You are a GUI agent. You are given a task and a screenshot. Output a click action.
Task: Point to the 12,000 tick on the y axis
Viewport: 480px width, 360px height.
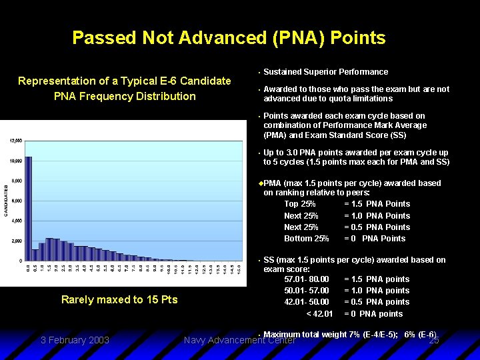click(x=15, y=141)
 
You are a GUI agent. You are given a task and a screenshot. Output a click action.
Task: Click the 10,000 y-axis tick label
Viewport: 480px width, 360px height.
click(x=15, y=161)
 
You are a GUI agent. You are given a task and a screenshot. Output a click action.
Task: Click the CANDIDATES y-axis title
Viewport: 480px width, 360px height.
click(x=7, y=200)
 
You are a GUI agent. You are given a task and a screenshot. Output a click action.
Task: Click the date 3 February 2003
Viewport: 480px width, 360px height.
click(x=75, y=340)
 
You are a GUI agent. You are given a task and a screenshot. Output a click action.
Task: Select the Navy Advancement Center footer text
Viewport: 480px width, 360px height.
click(x=239, y=341)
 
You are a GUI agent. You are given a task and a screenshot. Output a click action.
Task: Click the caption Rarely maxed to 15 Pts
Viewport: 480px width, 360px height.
click(x=119, y=300)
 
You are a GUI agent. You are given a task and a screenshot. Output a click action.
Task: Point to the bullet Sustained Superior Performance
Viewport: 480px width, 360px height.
click(x=325, y=72)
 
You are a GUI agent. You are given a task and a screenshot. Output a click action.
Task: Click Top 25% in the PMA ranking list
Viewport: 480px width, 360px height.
click(x=300, y=204)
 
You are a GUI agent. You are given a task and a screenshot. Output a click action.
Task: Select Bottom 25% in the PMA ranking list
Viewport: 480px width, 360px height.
click(x=307, y=239)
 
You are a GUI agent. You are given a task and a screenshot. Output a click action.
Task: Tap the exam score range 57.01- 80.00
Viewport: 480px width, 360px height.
click(x=307, y=279)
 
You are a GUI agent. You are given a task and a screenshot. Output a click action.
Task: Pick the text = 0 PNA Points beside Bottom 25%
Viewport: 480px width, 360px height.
click(x=375, y=239)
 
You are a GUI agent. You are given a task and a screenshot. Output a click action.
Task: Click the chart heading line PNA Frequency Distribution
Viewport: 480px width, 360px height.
click(x=125, y=96)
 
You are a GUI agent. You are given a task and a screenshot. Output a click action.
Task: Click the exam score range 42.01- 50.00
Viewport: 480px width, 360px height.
click(x=307, y=302)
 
